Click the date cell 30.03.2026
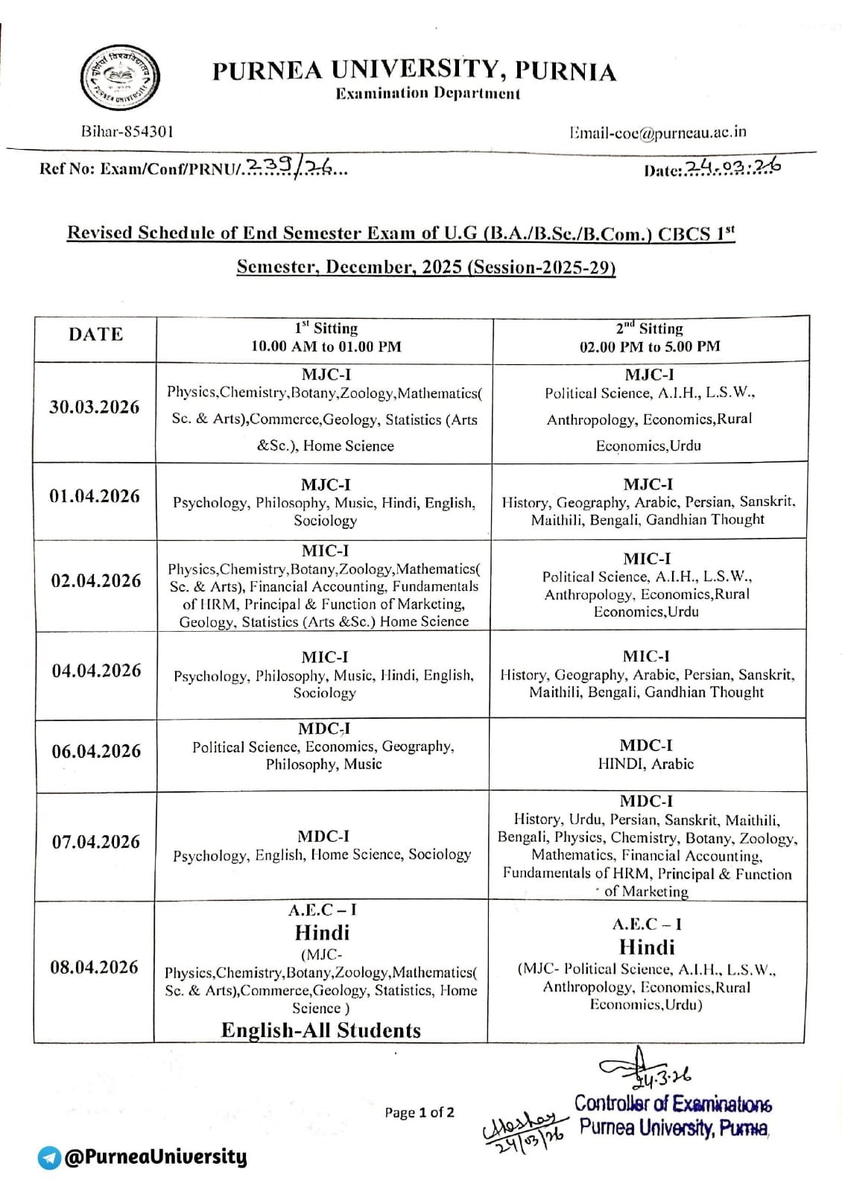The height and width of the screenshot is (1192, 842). [x=95, y=407]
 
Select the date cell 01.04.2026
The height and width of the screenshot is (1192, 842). [x=95, y=496]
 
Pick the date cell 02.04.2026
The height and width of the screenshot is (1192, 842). [x=95, y=580]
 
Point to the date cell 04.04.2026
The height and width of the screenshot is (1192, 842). [x=96, y=670]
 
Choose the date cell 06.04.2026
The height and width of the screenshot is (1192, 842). [x=96, y=751]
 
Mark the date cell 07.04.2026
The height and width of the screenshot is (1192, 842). [x=96, y=842]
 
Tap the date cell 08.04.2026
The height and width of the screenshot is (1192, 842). [x=95, y=967]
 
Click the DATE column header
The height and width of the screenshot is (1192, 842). [x=95, y=335]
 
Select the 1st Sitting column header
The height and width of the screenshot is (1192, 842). [x=326, y=337]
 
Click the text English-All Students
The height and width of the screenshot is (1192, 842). [x=321, y=1030]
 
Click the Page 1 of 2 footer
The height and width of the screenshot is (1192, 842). [x=420, y=1112]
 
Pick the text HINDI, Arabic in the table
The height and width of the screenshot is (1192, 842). [x=645, y=764]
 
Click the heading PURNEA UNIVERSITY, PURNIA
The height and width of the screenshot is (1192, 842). [x=414, y=71]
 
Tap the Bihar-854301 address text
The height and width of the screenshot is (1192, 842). [x=127, y=132]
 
